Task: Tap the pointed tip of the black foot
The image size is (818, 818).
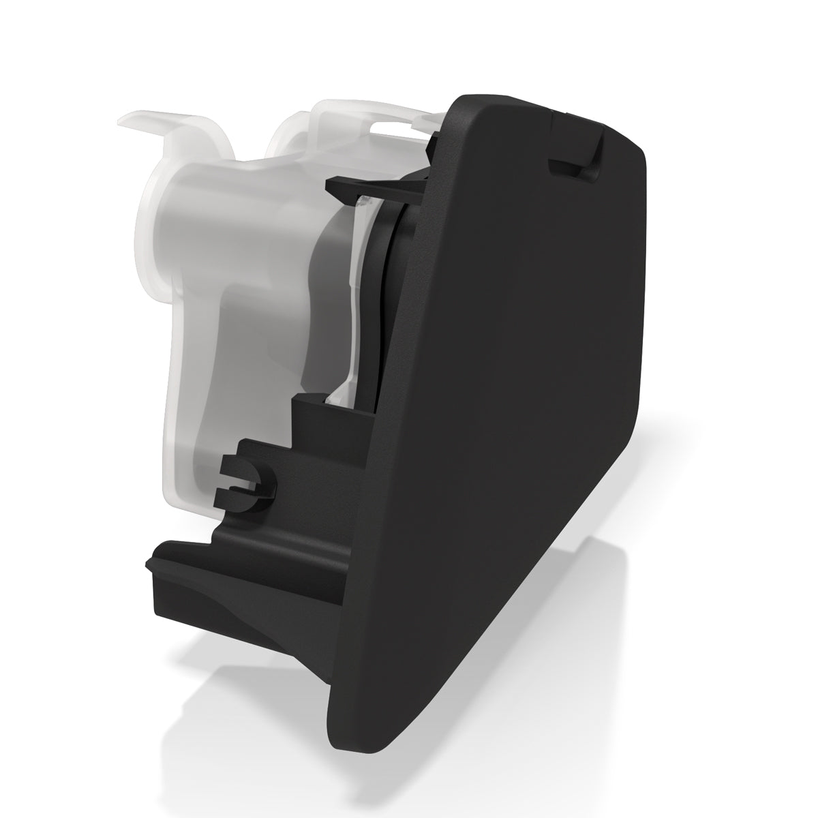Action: tap(149, 564)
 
